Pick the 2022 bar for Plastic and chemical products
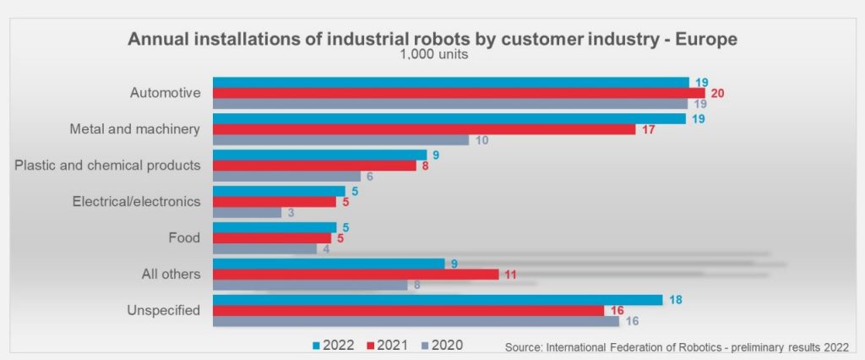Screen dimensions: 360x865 coord(319,155)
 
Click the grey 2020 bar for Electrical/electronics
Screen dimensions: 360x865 coord(247,213)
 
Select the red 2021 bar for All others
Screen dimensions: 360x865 coord(356,275)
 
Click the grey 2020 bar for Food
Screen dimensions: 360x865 coord(264,249)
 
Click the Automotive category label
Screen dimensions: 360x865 coord(166,93)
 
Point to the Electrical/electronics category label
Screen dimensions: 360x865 coord(136,202)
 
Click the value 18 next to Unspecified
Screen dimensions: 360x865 coord(676,299)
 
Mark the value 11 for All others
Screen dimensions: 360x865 coord(511,275)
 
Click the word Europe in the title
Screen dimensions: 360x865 coord(705,40)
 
